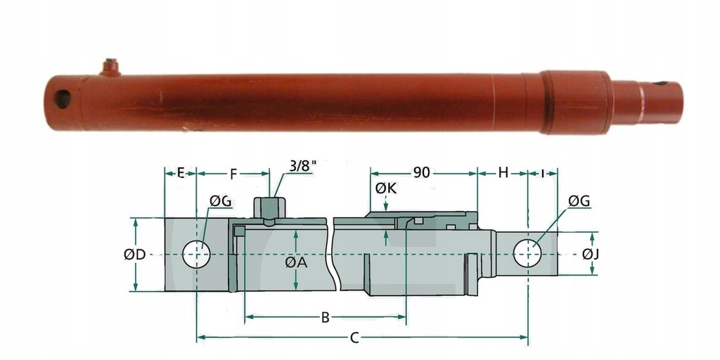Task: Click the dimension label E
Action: tap(180, 172)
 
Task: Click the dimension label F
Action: tap(233, 172)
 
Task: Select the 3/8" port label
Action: tap(303, 167)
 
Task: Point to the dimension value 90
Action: tap(422, 172)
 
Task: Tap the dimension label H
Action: tap(503, 172)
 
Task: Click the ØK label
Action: tap(386, 188)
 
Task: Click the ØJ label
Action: tap(591, 255)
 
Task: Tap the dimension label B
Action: tap(325, 318)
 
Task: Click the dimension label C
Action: tap(355, 338)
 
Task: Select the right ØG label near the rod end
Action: tap(579, 202)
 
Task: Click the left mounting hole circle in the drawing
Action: tap(196, 254)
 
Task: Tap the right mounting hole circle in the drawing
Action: tap(527, 253)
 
